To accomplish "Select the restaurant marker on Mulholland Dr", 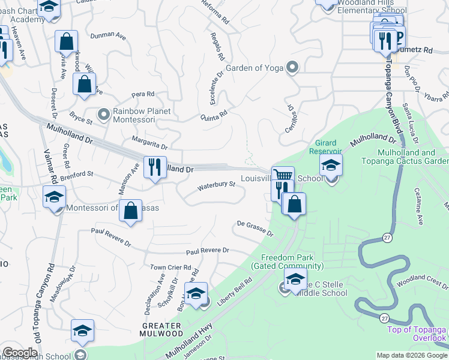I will tap(155, 167).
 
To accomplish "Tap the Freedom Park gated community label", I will tap(288, 262).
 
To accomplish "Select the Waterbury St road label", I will tap(217, 185).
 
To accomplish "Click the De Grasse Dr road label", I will tap(255, 228).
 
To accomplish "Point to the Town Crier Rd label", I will tap(170, 268).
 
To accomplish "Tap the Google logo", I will tap(20, 353).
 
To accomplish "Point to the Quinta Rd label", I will tap(214, 115).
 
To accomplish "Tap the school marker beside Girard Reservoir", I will tap(331, 165).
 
